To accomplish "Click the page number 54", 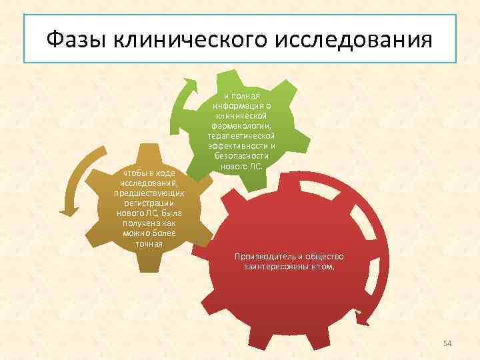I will tap(447, 343).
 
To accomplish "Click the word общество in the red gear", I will tap(324, 257).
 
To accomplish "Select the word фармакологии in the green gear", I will tap(241, 126).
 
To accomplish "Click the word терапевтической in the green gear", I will tap(241, 136).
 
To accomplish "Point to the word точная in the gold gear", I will tap(149, 243).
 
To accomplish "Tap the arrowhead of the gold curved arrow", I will tap(69, 211).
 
